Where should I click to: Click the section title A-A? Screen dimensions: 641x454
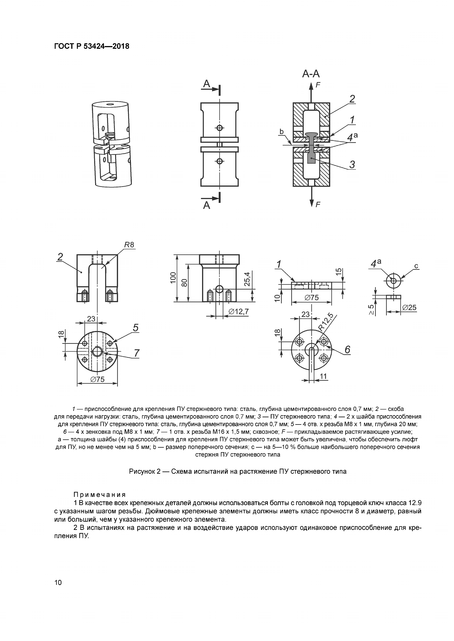pos(311,74)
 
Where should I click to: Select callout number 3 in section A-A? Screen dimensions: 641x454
pos(352,164)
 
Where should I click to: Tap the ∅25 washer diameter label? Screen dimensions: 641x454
pos(410,308)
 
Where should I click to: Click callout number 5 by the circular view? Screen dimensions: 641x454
pos(136,328)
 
